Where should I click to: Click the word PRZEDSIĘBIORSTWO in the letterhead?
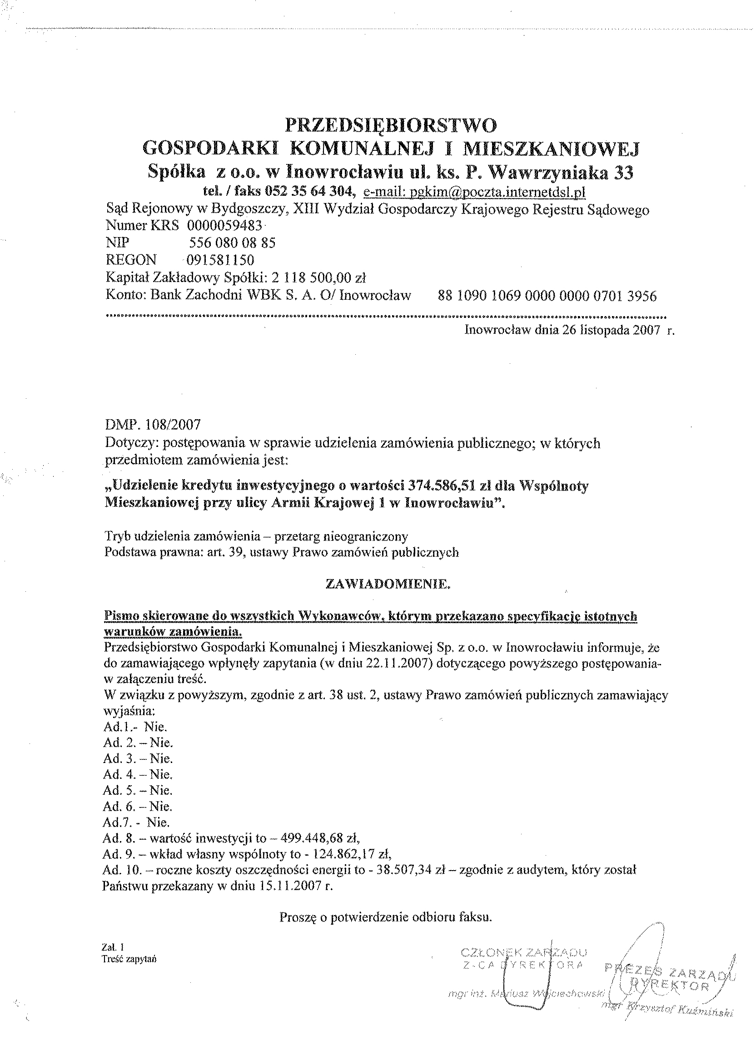tap(391, 125)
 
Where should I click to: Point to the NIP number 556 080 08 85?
tap(232, 243)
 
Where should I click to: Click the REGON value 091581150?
tap(220, 260)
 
